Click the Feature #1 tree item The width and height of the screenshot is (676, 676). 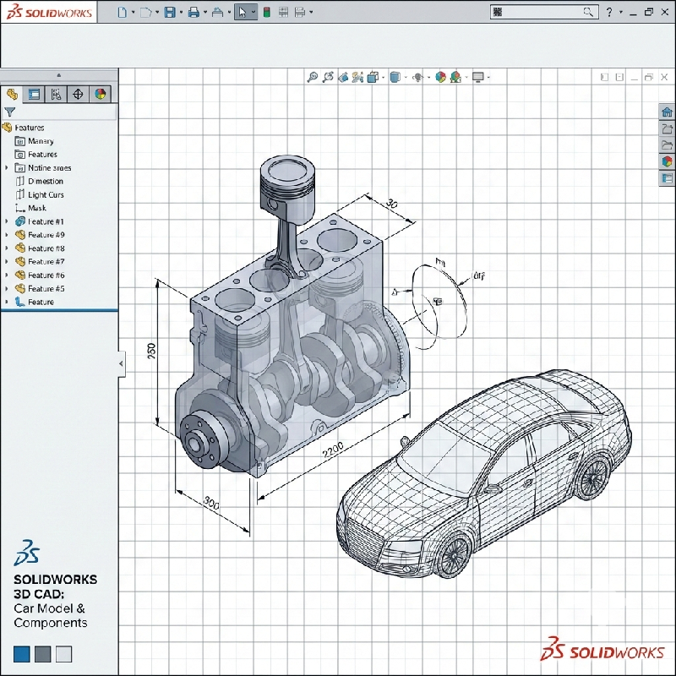pos(40,221)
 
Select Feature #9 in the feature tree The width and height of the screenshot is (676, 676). pos(46,235)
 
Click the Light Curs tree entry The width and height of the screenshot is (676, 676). pos(46,194)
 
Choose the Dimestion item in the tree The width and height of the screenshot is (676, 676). pos(45,181)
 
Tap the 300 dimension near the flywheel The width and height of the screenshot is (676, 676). pos(211,504)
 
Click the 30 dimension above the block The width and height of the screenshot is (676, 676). pos(391,204)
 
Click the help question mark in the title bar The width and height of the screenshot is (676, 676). pos(609,12)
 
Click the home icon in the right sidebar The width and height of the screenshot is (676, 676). pos(667,112)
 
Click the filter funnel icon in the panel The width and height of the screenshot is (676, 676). pos(10,112)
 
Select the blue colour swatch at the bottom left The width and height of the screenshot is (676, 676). pos(22,654)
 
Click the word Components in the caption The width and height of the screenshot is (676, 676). pos(50,623)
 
